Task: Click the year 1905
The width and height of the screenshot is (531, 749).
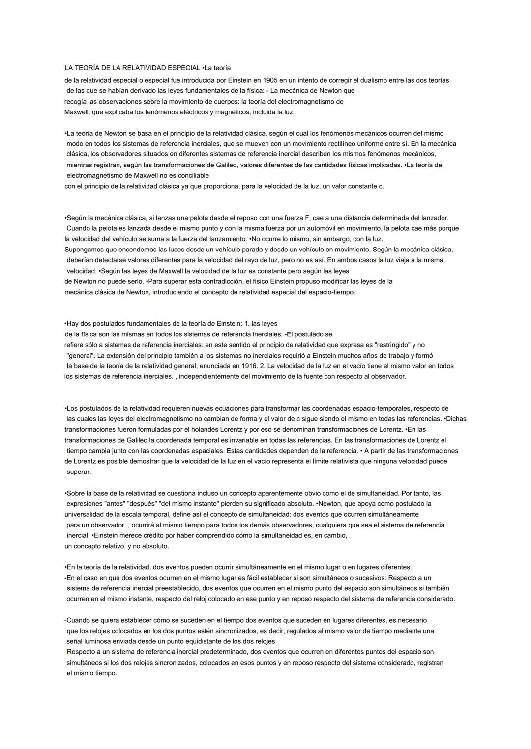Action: point(271,80)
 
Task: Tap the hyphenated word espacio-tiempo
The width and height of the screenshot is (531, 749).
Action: point(329,292)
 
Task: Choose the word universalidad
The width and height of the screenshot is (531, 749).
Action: point(85,514)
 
